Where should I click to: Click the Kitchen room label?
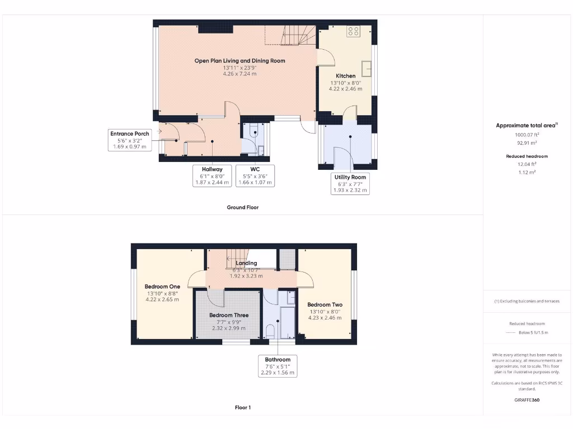tap(345, 76)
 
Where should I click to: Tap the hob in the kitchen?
tap(354, 31)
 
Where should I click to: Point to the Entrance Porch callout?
tap(129, 140)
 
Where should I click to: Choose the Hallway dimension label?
tap(212, 175)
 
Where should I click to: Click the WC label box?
tap(255, 175)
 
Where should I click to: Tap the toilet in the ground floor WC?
tap(255, 134)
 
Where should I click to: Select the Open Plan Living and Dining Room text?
tap(239, 61)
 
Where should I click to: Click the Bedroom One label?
tap(162, 287)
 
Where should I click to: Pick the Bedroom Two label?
tap(325, 305)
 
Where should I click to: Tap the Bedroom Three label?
tap(229, 315)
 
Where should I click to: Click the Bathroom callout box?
tap(278, 366)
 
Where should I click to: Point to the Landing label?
tap(246, 263)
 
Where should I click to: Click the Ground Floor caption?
tap(242, 207)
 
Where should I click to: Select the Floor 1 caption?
tap(242, 408)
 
